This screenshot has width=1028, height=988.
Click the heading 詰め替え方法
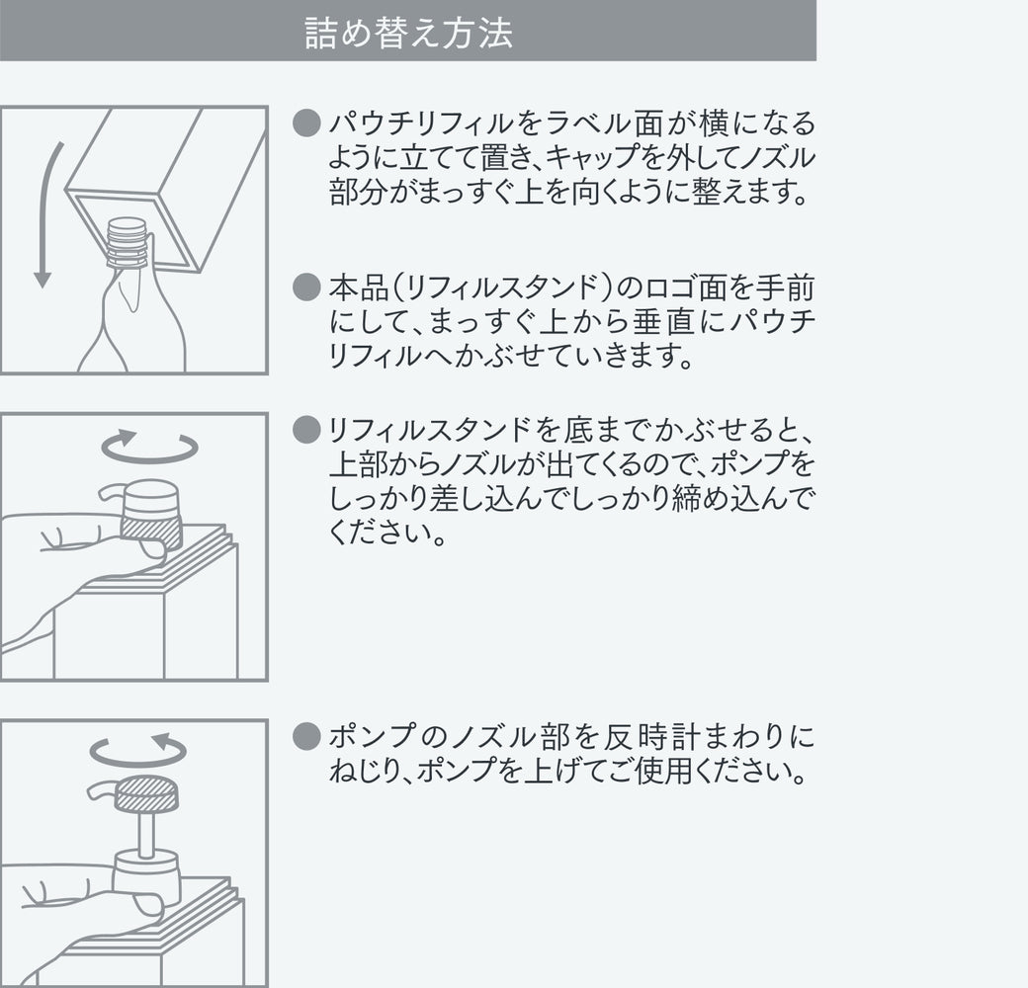(408, 33)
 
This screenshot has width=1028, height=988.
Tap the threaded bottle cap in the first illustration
(128, 242)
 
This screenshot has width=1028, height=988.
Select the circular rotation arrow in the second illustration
(149, 447)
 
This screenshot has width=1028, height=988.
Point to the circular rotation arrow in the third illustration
(138, 750)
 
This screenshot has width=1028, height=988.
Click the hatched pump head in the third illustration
(146, 794)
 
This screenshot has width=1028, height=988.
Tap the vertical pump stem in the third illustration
(146, 832)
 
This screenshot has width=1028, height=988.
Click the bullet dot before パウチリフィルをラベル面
(306, 123)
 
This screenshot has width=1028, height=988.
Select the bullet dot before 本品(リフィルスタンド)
(306, 288)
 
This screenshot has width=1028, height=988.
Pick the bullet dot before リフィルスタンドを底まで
(306, 430)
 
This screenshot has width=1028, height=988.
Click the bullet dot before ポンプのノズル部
(306, 736)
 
